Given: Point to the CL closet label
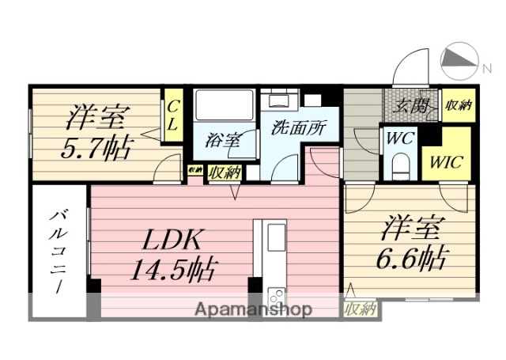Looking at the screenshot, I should (172, 115).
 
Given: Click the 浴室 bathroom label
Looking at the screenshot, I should (221, 141).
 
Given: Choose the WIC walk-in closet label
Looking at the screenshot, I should (447, 164).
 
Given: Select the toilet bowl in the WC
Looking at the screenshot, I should (400, 166).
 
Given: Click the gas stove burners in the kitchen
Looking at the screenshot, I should (278, 296).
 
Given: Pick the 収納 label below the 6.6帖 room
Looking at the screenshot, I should (360, 309).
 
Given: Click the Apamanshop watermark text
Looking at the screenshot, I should (254, 309).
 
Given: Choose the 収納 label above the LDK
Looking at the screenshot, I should (225, 171).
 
